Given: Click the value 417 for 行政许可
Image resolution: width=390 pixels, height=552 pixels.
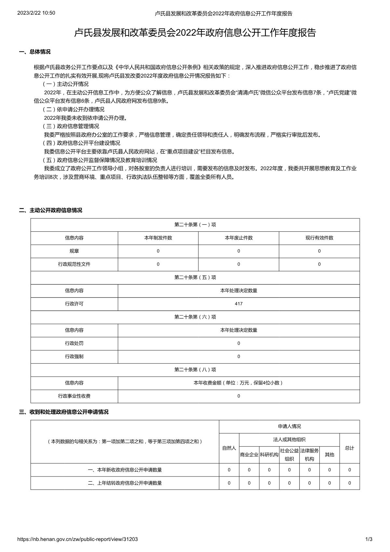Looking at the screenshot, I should [238, 304].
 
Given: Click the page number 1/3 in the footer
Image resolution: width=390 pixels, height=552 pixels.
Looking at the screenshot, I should [369, 539].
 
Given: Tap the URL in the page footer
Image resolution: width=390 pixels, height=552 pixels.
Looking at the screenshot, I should [77, 539].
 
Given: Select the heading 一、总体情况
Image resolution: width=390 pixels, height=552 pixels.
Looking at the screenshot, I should [35, 52].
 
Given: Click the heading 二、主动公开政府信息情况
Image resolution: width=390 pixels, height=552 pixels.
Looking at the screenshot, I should [50, 210].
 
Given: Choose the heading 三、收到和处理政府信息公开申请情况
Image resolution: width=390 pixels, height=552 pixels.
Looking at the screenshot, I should [64, 412].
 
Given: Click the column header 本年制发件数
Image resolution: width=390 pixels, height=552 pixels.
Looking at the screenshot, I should [158, 238].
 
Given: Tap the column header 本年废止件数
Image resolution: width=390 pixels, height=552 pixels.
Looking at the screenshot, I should [238, 238].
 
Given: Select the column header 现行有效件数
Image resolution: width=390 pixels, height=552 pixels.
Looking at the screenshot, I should [319, 238].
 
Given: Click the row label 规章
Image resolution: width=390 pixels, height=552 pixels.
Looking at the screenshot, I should [74, 251].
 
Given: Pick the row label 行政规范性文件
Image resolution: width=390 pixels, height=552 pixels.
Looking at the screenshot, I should [74, 264].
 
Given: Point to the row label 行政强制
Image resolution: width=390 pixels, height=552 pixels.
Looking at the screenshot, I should [74, 356].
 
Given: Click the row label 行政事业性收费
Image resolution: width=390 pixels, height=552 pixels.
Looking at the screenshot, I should [74, 396].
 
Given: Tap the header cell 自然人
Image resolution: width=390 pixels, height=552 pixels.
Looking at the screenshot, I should [229, 448].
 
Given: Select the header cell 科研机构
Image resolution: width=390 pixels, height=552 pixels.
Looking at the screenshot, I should [269, 455].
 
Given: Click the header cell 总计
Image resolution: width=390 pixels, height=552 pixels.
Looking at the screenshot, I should [350, 448].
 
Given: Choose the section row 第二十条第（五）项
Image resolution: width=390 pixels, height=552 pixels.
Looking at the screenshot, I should [195, 277].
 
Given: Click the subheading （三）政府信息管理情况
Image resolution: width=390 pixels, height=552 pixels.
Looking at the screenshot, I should [71, 126].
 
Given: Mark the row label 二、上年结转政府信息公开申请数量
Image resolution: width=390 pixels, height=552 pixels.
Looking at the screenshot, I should [125, 483].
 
